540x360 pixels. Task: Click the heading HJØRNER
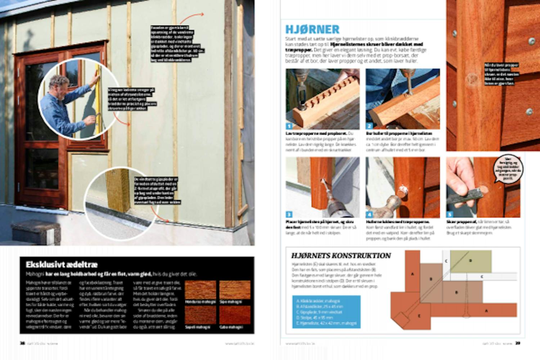coord(312,29)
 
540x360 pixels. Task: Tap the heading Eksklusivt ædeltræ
coord(62,265)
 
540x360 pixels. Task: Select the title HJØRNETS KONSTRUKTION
coord(341,256)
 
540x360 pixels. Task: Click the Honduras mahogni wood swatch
coord(200,290)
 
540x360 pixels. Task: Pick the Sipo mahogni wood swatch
coord(235,290)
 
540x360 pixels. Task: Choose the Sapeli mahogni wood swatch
coord(200,315)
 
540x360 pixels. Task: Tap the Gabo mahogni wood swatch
coord(235,315)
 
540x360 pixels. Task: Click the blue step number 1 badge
coord(289,126)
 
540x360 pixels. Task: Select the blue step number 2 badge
coord(369,126)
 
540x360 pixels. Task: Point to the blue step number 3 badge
coord(289,215)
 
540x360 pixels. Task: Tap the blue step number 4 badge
coord(369,215)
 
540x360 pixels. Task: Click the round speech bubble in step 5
coord(508,168)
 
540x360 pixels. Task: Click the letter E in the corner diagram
coord(419,316)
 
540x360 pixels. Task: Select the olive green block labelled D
coord(471,261)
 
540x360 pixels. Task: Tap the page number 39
coord(518,343)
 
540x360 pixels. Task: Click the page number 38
coord(22,343)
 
